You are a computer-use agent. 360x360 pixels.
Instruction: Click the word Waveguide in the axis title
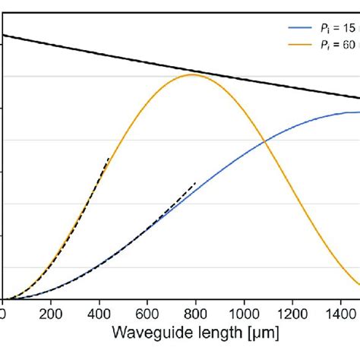(150, 334)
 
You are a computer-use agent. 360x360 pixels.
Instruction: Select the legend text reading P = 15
(340, 27)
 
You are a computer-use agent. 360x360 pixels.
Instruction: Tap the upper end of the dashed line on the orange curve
(109, 157)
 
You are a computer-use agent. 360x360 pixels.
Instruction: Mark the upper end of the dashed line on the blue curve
(196, 182)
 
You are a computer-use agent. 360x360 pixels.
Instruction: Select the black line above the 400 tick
(99, 52)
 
